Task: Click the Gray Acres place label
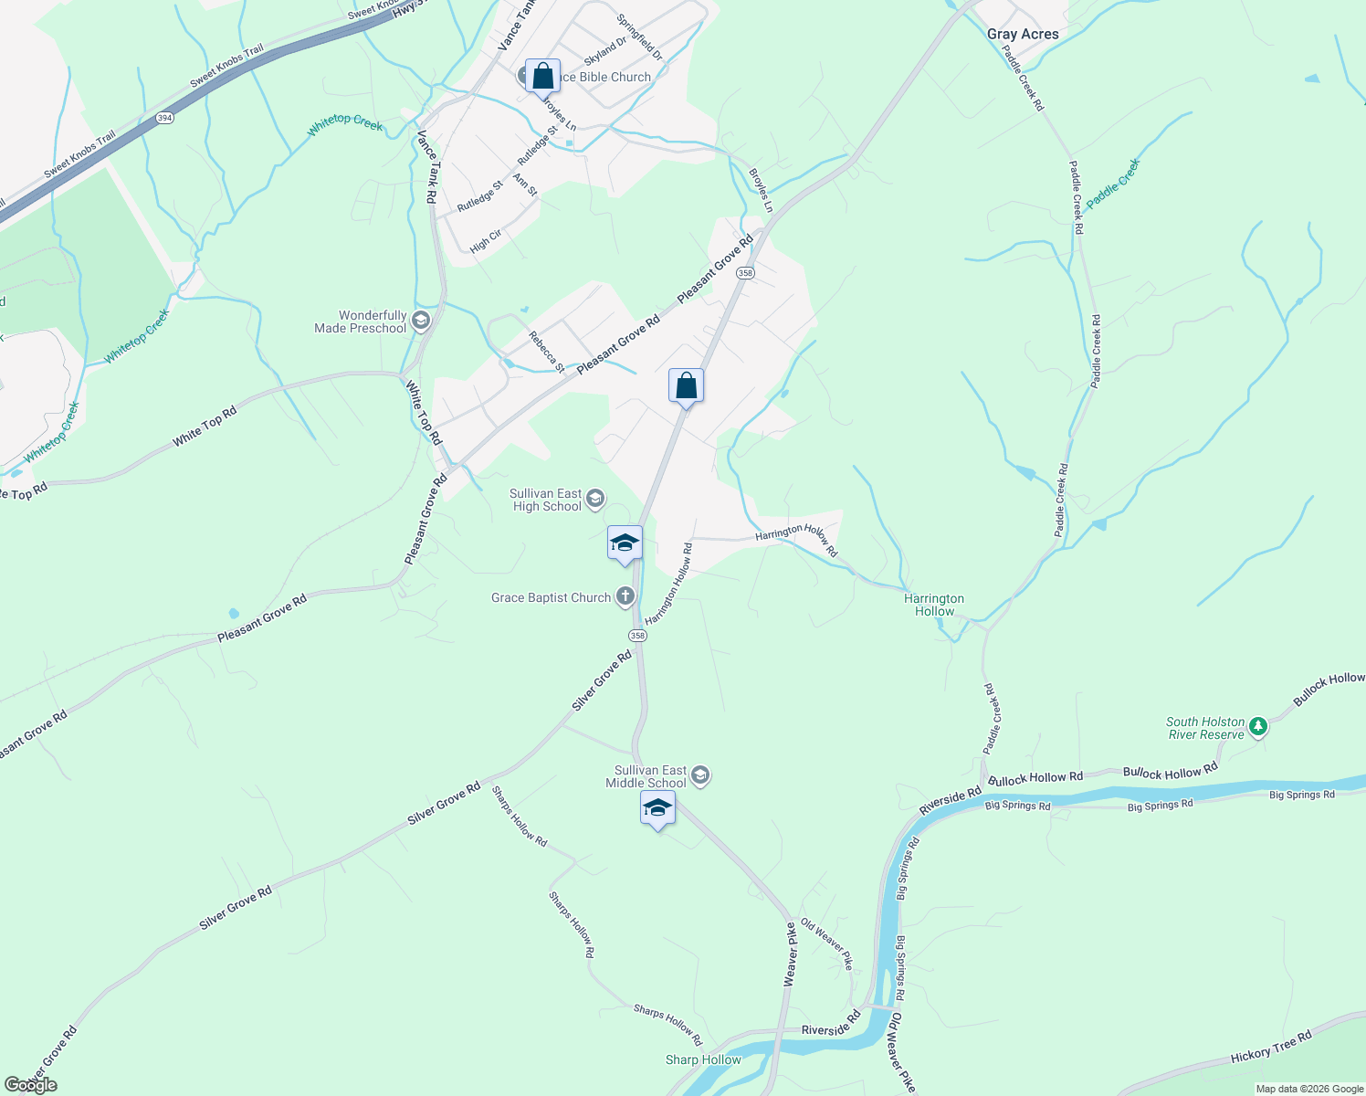(x=1023, y=35)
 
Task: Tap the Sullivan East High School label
(x=546, y=501)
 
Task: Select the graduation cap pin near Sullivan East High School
(x=625, y=543)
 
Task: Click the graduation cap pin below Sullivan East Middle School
(x=657, y=809)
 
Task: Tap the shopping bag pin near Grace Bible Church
(x=542, y=77)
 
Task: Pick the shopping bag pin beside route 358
(x=686, y=386)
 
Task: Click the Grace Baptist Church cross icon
(x=625, y=597)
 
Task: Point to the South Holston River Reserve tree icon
(x=1258, y=727)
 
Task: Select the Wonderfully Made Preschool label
(x=361, y=321)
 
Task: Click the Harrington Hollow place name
(x=934, y=605)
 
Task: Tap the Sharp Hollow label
(x=703, y=1060)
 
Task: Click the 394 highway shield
(x=164, y=118)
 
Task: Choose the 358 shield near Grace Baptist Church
(x=637, y=636)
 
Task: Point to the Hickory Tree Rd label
(x=1270, y=1047)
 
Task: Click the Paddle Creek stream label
(x=1113, y=183)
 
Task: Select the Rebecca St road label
(x=546, y=352)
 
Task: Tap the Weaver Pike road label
(x=791, y=954)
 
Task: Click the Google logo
(x=31, y=1085)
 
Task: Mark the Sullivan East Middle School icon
(x=700, y=776)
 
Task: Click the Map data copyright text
(x=1309, y=1089)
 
